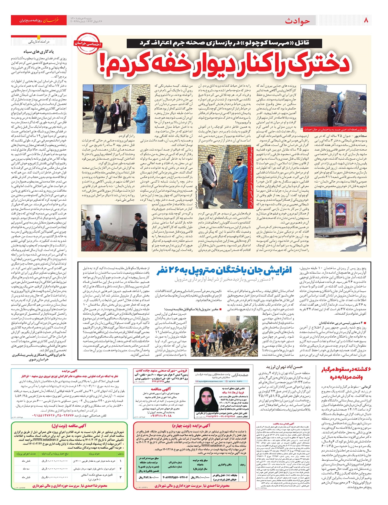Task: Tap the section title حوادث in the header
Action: (x=297, y=21)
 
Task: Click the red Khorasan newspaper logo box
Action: (x=39, y=20)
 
